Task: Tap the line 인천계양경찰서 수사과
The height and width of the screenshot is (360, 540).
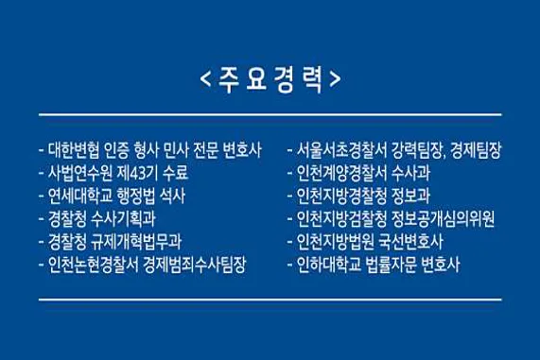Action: pyautogui.click(x=360, y=173)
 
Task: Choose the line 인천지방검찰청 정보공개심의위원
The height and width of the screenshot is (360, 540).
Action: pyautogui.click(x=394, y=219)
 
